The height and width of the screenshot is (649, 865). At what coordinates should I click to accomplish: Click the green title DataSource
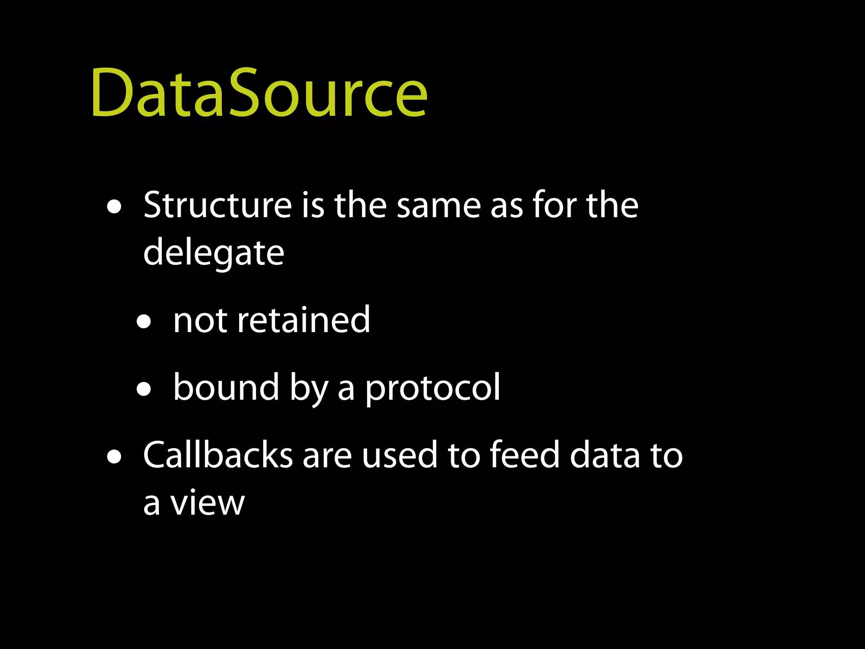tap(259, 93)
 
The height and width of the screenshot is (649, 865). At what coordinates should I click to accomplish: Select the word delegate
tap(214, 253)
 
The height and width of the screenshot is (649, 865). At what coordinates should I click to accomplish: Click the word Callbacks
tap(218, 455)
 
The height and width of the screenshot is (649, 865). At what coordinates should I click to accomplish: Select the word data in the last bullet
tap(605, 455)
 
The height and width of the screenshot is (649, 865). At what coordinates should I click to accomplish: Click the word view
tap(207, 503)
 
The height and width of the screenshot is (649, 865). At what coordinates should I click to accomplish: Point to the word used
tap(399, 455)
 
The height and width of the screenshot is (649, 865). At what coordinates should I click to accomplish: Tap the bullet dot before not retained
tap(144, 322)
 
